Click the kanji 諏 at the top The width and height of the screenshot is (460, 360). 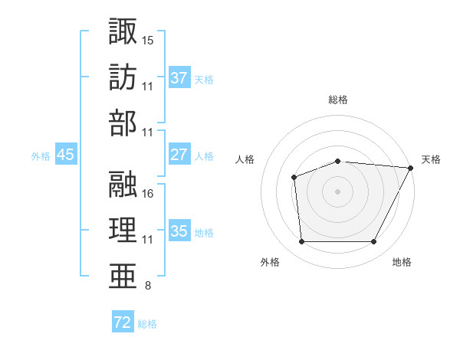tap(123, 32)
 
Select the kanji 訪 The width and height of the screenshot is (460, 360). tap(123, 78)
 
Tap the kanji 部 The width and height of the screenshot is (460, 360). tap(123, 124)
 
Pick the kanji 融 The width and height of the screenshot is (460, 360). tap(123, 184)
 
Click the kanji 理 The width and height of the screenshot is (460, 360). tap(123, 231)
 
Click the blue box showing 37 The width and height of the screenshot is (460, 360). tap(179, 77)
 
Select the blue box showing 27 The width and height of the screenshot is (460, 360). tap(179, 155)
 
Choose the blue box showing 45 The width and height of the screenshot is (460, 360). tap(66, 155)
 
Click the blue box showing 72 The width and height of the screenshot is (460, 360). tap(123, 322)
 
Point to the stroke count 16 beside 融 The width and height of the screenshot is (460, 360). tap(148, 193)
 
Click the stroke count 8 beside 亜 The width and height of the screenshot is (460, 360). tap(147, 286)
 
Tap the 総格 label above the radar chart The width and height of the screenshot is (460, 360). tap(338, 100)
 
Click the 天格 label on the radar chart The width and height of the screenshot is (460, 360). tap(431, 159)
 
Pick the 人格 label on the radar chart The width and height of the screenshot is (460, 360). tap(245, 159)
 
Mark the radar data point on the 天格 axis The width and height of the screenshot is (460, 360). tap(411, 168)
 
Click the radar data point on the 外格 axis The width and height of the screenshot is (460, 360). tap(301, 242)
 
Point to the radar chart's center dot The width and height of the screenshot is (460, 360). tap(338, 191)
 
